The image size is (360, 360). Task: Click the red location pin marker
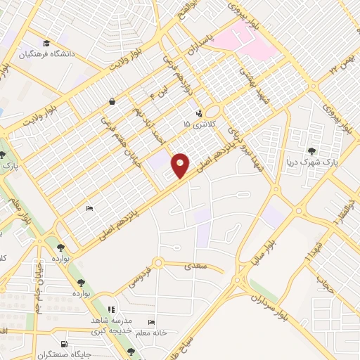pyautogui.click(x=180, y=165)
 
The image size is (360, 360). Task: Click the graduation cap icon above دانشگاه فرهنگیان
pyautogui.click(x=47, y=41)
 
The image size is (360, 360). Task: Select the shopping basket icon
pyautogui.click(x=112, y=101)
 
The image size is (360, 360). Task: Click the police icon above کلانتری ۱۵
pyautogui.click(x=199, y=112)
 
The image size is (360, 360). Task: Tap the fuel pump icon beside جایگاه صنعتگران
pyautogui.click(x=65, y=344)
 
